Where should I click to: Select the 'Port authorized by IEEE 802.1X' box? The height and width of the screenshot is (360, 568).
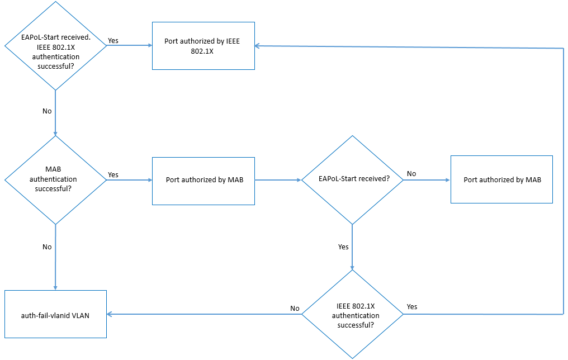point(203,46)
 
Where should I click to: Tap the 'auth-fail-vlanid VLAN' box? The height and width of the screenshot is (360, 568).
point(55,315)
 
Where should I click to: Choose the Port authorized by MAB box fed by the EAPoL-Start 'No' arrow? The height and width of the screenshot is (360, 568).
point(501,180)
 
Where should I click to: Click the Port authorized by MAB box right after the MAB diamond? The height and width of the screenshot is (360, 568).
point(203,180)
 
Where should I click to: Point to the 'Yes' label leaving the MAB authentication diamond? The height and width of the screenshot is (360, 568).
point(113,174)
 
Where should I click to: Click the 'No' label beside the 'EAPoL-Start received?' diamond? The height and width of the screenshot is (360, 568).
point(411,174)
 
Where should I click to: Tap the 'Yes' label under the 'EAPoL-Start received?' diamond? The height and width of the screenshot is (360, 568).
point(343,247)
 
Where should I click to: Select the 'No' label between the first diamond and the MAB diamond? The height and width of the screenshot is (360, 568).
point(47,111)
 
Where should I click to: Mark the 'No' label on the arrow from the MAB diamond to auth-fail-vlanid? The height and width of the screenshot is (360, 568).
point(47,247)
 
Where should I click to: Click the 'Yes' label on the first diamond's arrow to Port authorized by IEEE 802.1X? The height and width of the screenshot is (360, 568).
point(113,40)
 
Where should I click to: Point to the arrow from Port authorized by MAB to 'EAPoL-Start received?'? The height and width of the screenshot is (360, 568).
point(278,180)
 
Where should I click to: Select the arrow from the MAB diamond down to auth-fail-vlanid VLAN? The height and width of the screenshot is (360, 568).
point(55,257)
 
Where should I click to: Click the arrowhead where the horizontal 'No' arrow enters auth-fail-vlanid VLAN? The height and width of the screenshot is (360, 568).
point(110,315)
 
